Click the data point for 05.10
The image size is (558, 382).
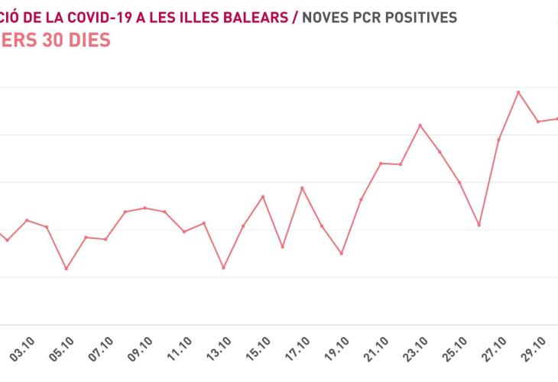tap(67, 269)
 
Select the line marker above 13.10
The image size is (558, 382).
tap(223, 267)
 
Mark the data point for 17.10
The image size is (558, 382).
tap(302, 188)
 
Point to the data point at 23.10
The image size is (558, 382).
tap(420, 125)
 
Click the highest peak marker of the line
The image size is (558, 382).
tap(519, 92)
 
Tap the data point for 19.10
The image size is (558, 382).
tap(342, 253)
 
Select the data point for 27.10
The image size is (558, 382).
tap(499, 140)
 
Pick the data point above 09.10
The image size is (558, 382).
tap(145, 208)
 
